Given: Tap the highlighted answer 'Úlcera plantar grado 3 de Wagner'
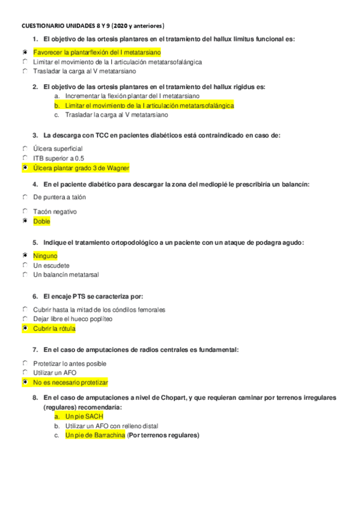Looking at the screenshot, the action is pos(81,168).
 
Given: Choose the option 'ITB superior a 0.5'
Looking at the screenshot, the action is pos(59,158).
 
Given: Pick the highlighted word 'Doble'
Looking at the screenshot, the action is pos(41,221).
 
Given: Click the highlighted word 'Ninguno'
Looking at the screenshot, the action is pos(45,256).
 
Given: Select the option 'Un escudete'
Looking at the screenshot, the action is pos(51,265).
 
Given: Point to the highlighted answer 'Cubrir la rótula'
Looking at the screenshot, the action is pos(54,329).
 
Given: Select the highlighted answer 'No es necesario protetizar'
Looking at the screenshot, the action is pos(70,382).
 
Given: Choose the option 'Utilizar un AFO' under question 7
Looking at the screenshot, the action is pos(55,373).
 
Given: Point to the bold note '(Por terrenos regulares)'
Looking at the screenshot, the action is pos(163,435).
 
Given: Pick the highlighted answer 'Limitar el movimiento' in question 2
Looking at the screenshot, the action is pos(141,105).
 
